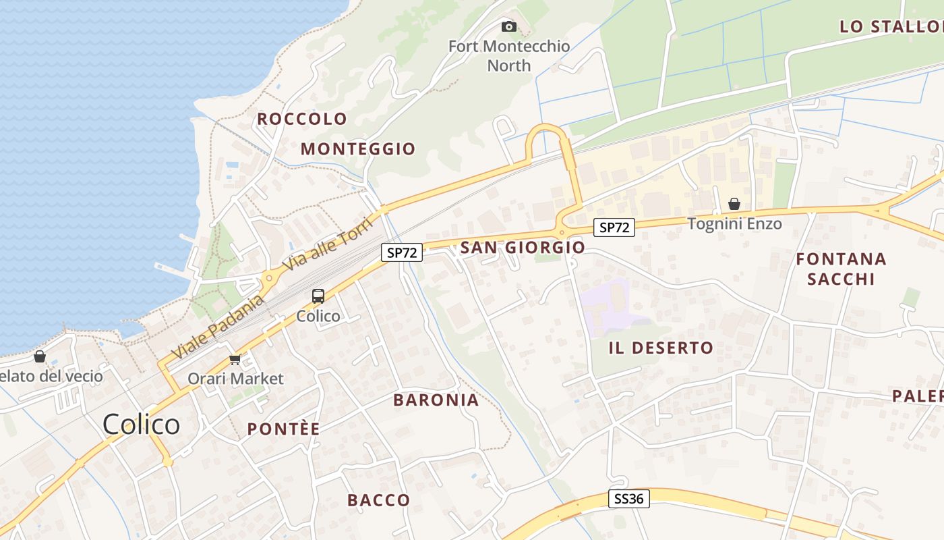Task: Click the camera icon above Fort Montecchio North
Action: point(509,27)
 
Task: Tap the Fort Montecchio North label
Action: point(509,56)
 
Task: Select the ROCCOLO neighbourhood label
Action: point(302,119)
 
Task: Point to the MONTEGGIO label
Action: point(358,148)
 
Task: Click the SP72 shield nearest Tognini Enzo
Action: point(614,227)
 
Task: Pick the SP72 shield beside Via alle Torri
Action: point(402,252)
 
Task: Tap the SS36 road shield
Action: point(630,499)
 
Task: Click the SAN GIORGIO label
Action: point(523,248)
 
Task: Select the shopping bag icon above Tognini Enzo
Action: point(734,204)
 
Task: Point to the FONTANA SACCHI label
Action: point(841,269)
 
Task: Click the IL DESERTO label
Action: point(661,348)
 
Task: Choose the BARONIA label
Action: point(436,400)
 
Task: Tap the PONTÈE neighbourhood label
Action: point(283,429)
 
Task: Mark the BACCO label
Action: point(379,500)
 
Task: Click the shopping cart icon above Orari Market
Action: point(235,358)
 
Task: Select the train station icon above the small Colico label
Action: point(318,296)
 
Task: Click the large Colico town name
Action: point(142,425)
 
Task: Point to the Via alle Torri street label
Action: point(327,244)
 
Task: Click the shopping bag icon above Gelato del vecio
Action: point(40,356)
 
